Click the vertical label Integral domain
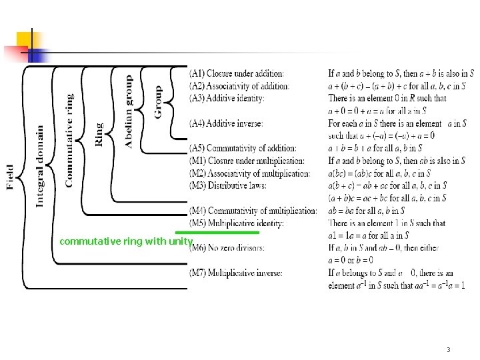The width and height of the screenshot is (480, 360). tap(40, 165)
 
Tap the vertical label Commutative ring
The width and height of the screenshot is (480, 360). tap(69, 140)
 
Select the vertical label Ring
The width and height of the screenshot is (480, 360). tap(99, 134)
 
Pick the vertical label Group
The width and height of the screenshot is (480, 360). tap(158, 102)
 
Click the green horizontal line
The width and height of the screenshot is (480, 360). tap(217, 233)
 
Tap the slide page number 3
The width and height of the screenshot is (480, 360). tap(449, 349)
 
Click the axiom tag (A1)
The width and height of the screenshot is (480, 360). tap(197, 73)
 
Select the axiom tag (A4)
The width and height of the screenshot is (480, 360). tap(197, 123)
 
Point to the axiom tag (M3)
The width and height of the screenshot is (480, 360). tap(198, 185)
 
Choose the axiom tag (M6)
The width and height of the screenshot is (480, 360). tap(198, 248)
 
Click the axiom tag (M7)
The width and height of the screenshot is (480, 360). tap(198, 273)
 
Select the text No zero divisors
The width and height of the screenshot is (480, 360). tap(235, 248)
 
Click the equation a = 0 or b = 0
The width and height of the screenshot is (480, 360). tap(351, 260)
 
